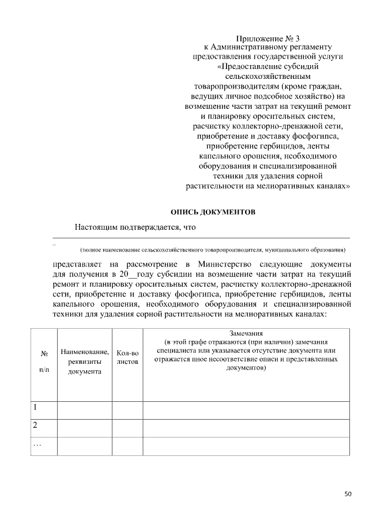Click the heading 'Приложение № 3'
[x=269, y=39]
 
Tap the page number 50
[x=348, y=494]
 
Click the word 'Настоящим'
[x=96, y=227]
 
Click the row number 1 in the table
[x=35, y=408]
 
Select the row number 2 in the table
[x=35, y=426]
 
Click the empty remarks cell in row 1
[x=246, y=410]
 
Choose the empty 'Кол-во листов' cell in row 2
[x=127, y=428]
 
